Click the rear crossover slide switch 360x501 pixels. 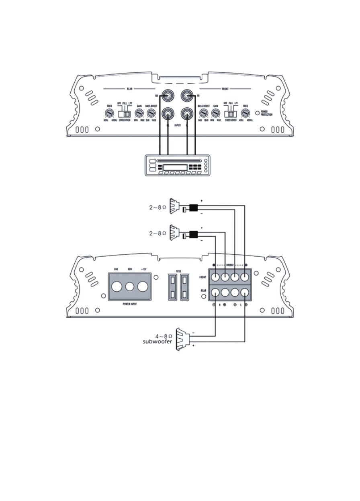pyautogui.click(x=124, y=114)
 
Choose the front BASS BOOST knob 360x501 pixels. pyautogui.click(x=203, y=114)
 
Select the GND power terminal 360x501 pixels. pyautogui.click(x=116, y=287)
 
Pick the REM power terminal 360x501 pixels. pyautogui.click(x=129, y=287)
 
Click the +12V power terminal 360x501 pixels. pyautogui.click(x=143, y=287)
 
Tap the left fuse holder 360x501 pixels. pyautogui.click(x=172, y=287)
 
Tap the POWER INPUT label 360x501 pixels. pyautogui.click(x=129, y=304)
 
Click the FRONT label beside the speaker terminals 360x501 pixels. pyautogui.click(x=203, y=277)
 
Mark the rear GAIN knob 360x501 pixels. pyautogui.click(x=139, y=114)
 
